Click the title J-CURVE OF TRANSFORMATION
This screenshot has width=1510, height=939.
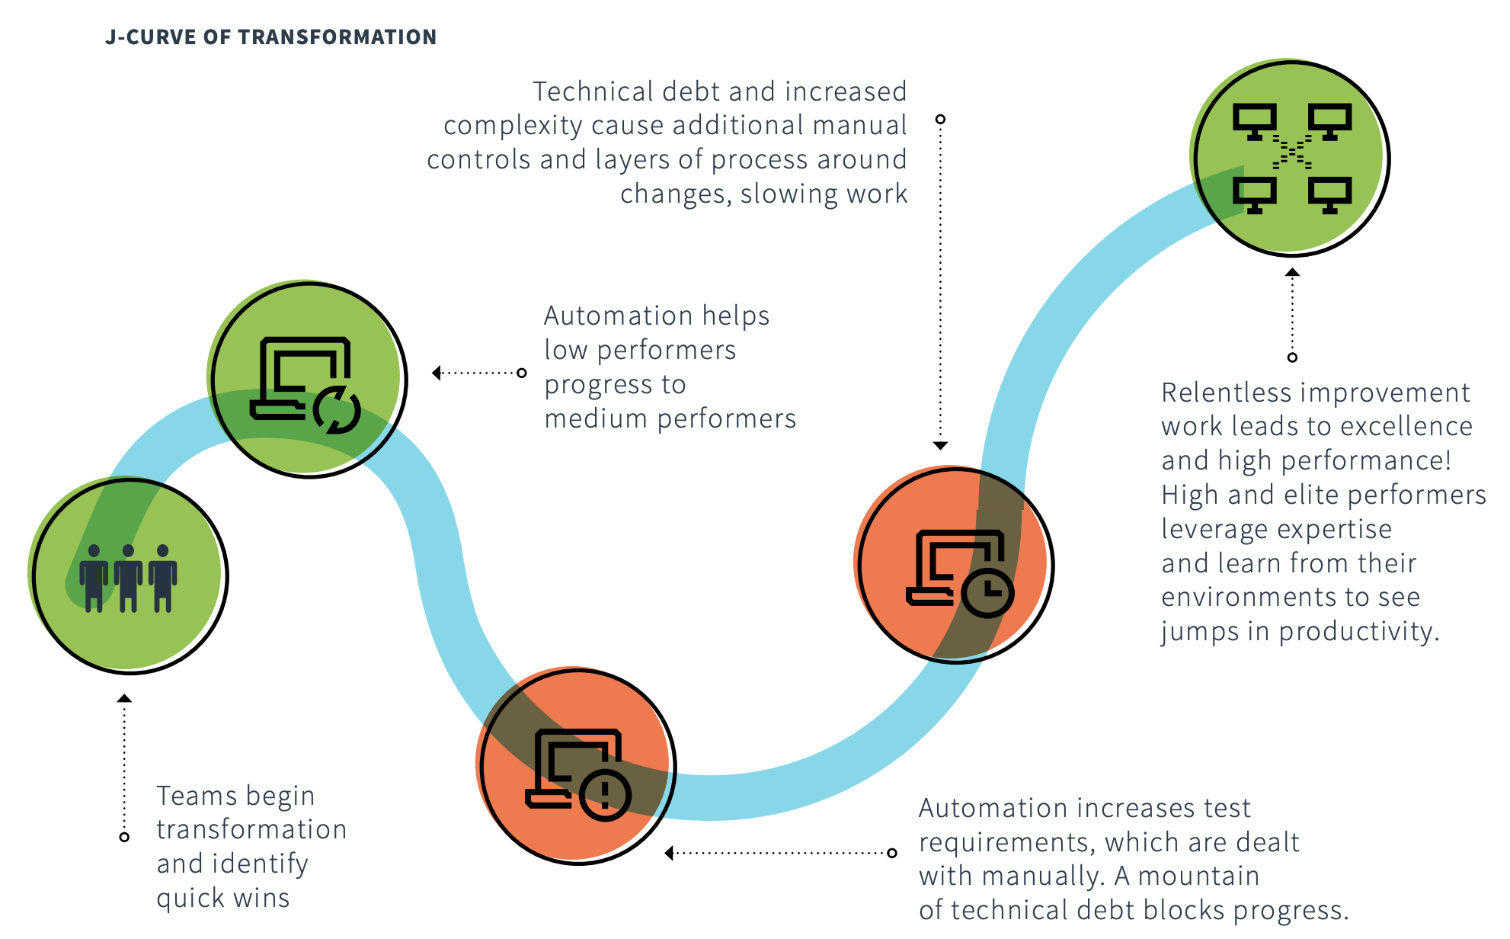click(x=270, y=37)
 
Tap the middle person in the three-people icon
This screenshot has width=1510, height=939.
click(x=128, y=578)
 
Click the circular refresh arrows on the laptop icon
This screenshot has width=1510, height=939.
click(x=336, y=410)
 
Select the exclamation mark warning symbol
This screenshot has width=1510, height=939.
click(x=605, y=794)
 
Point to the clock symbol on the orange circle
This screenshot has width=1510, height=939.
click(x=987, y=591)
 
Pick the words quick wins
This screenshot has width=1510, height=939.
click(x=223, y=898)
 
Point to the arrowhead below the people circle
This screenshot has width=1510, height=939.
click(x=124, y=698)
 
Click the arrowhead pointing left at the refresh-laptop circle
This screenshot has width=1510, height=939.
click(x=437, y=373)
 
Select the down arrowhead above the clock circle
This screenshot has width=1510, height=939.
click(x=940, y=445)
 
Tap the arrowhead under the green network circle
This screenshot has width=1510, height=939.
click(x=1292, y=272)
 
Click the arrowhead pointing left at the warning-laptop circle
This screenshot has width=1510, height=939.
click(x=669, y=853)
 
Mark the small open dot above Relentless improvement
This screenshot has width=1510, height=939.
click(x=1292, y=357)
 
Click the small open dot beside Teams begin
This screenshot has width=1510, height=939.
click(x=124, y=837)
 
